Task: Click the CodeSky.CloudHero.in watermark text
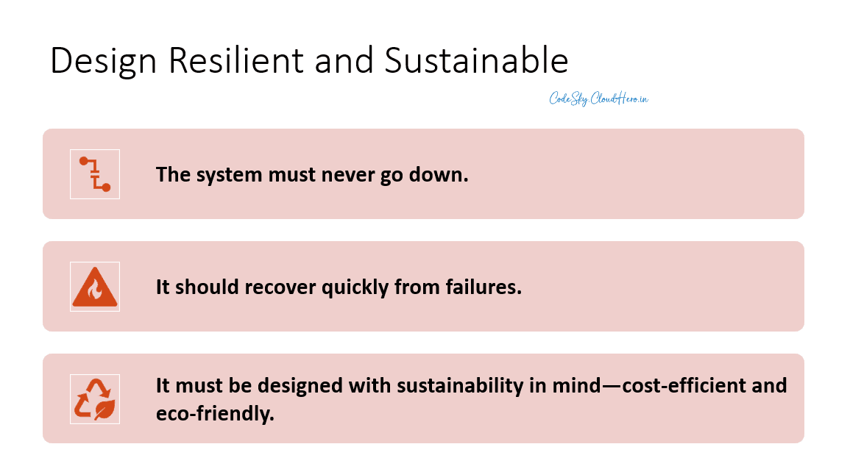pyautogui.click(x=598, y=99)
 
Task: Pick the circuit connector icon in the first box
pyautogui.click(x=95, y=174)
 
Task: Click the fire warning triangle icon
pyautogui.click(x=95, y=287)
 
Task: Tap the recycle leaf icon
pyautogui.click(x=95, y=399)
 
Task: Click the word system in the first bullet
pyautogui.click(x=223, y=174)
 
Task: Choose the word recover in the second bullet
pyautogui.click(x=280, y=287)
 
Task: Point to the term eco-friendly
pyautogui.click(x=215, y=413)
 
